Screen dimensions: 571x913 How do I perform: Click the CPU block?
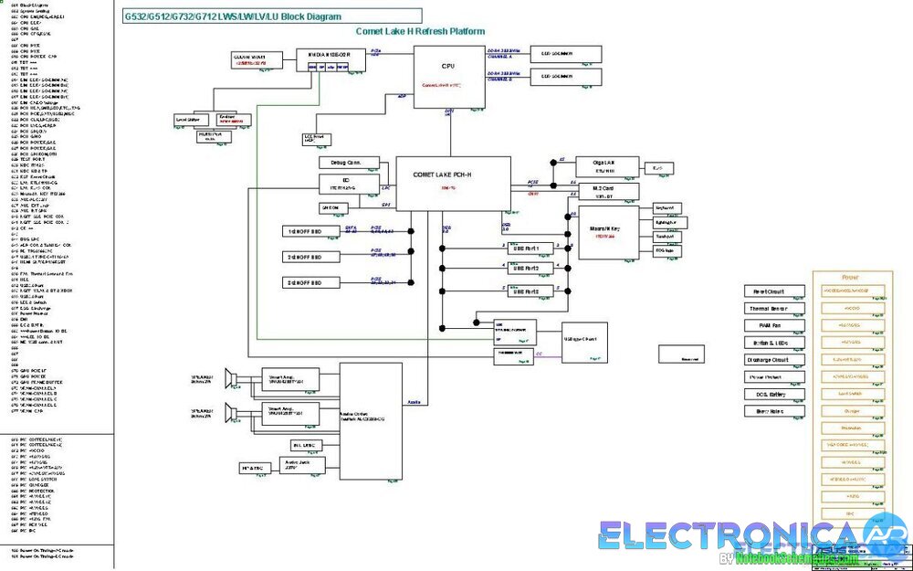click(x=447, y=77)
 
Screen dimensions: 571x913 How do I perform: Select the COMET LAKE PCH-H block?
click(x=453, y=183)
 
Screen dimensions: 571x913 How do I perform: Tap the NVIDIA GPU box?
click(x=330, y=59)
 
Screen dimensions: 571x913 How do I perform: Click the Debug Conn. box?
click(x=341, y=163)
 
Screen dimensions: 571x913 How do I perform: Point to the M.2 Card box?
click(x=603, y=192)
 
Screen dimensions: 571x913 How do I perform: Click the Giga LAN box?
click(x=603, y=165)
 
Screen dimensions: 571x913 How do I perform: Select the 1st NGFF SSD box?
click(x=304, y=231)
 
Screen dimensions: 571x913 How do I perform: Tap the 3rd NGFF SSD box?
click(x=304, y=283)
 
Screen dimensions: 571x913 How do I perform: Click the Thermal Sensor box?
click(x=774, y=309)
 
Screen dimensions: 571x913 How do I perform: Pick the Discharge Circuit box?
click(x=774, y=360)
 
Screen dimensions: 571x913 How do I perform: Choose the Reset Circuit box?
click(x=774, y=291)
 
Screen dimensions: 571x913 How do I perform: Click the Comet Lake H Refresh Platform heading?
click(x=420, y=32)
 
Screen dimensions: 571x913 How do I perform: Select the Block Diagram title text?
click(x=234, y=16)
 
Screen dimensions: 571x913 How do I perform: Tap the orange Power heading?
click(x=850, y=277)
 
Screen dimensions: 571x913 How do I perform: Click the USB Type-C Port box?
click(x=584, y=340)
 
